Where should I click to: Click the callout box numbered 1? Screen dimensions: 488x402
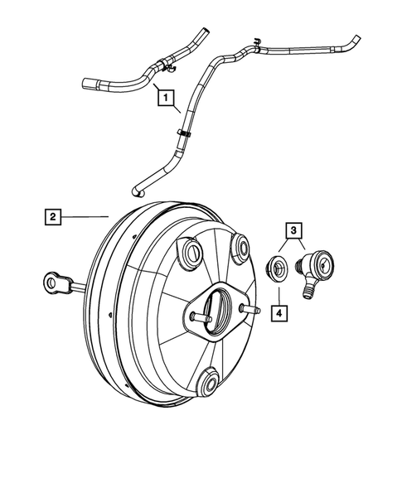(x=168, y=99)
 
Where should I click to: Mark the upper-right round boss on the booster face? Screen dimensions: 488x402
(x=242, y=245)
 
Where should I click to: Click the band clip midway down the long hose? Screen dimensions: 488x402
(x=181, y=132)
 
